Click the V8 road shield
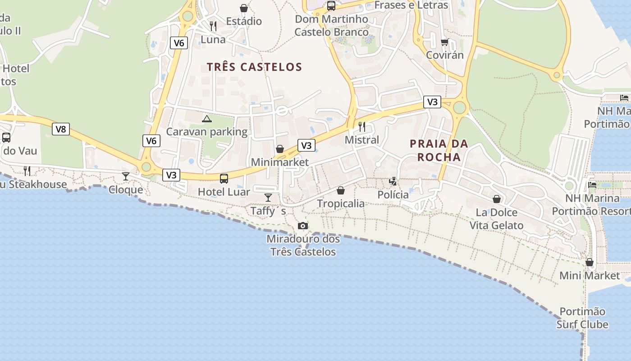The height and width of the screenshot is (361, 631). click(x=61, y=129)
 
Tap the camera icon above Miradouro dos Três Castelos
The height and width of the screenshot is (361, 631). click(x=303, y=226)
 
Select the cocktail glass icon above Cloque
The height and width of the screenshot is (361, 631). click(x=126, y=176)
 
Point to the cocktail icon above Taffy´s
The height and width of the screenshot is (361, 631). click(x=268, y=197)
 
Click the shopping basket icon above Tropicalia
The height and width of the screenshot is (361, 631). click(x=341, y=190)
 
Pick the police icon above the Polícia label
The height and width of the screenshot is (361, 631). click(x=393, y=181)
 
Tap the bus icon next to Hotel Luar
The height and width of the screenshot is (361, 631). click(x=224, y=178)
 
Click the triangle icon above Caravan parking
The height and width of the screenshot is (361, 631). click(x=207, y=119)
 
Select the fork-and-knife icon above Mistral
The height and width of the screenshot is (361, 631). click(x=361, y=126)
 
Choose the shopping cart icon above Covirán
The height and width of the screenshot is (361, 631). click(x=445, y=42)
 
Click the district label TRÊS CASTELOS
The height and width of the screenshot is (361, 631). click(x=254, y=67)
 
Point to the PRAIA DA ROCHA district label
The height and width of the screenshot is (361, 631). click(x=439, y=150)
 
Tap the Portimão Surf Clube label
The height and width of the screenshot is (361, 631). click(x=582, y=318)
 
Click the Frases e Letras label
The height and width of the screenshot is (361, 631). click(x=411, y=5)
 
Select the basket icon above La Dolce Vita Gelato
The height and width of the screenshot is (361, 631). click(x=497, y=199)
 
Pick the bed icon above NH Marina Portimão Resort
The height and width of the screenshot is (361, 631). click(x=593, y=185)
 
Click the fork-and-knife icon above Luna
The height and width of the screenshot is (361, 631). click(x=213, y=26)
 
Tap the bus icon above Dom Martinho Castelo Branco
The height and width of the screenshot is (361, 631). click(x=331, y=6)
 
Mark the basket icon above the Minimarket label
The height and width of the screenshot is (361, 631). click(x=280, y=149)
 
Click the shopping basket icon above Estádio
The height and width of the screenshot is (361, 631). click(x=244, y=8)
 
